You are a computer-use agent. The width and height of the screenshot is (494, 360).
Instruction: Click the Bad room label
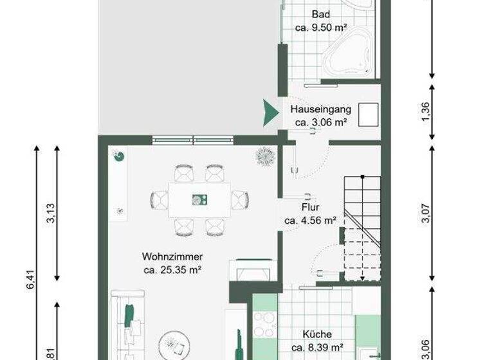pos(320,14)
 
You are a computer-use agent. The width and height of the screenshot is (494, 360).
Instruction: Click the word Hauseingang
pos(320,109)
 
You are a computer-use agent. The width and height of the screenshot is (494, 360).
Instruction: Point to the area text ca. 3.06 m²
pos(321,122)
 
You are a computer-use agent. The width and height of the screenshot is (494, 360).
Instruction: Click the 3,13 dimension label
pos(51,213)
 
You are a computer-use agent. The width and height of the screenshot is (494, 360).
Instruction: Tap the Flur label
pos(311,208)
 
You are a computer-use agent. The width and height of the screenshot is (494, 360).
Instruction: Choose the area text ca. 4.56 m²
pos(311,221)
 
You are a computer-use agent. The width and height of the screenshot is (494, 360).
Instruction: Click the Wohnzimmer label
pos(172,257)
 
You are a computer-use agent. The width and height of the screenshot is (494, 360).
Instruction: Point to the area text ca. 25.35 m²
pos(172,270)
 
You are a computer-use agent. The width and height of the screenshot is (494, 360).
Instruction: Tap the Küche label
pos(316,334)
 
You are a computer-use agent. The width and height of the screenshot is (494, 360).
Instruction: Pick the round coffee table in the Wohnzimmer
pos(173,343)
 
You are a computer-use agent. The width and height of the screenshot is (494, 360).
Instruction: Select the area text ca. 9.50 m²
pos(320,28)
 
